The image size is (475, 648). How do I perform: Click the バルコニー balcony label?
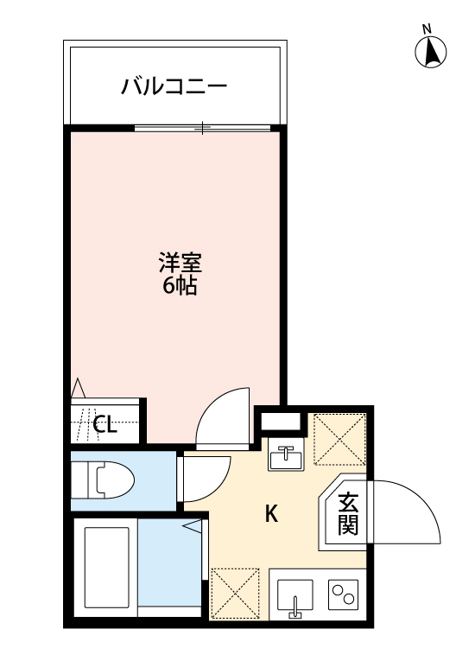174,86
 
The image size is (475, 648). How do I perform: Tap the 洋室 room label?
180,262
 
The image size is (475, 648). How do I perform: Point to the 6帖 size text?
180,286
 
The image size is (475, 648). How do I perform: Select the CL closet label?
104,424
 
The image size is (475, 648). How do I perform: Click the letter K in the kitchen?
270,514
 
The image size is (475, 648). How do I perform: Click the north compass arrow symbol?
429,53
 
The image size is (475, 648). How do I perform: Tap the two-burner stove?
344,594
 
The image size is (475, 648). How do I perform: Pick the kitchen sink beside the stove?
296,594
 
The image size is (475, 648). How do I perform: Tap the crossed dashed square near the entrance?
339,439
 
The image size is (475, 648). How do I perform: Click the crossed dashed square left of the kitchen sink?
236,594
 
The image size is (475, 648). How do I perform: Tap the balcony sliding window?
203,129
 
